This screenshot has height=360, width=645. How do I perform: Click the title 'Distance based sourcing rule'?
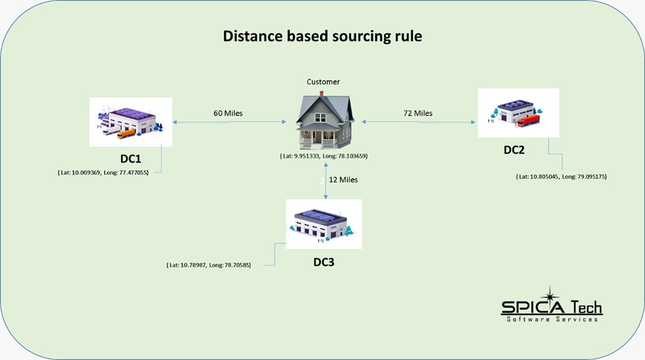(x=322, y=36)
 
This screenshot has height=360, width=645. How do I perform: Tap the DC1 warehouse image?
(x=130, y=122)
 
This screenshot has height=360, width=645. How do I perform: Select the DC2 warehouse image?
(x=518, y=113)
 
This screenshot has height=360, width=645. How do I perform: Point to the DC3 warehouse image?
(x=323, y=224)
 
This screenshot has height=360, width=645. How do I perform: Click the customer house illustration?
(x=323, y=120)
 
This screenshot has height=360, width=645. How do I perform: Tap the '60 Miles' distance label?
(x=228, y=113)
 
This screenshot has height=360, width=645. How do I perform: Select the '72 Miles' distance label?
(x=418, y=113)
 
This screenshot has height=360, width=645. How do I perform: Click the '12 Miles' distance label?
(x=343, y=179)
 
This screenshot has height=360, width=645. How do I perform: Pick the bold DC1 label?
(x=130, y=159)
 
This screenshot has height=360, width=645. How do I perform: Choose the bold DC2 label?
(x=514, y=150)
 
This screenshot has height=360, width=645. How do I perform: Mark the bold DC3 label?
(x=323, y=262)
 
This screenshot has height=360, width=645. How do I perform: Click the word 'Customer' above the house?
(x=323, y=82)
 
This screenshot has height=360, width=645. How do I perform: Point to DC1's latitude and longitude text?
(x=103, y=172)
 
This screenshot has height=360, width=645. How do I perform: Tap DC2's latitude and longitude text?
(x=561, y=177)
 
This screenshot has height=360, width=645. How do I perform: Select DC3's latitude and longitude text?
(x=208, y=265)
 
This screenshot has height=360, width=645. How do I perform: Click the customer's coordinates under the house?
(x=323, y=156)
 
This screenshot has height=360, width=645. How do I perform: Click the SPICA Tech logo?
(x=551, y=306)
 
